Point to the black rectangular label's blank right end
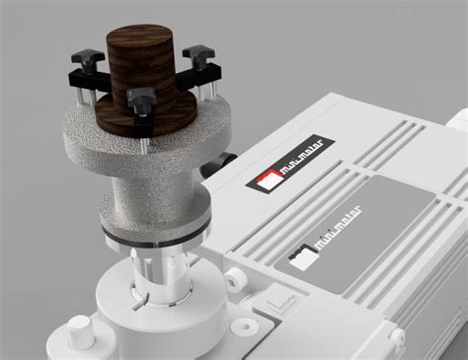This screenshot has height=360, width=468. point(325,149)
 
